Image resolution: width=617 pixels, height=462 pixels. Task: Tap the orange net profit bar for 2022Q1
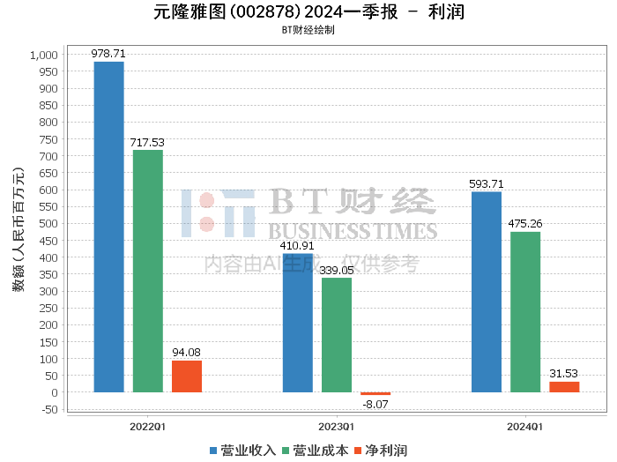click(187, 376)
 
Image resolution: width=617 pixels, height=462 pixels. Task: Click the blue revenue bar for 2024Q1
click(487, 292)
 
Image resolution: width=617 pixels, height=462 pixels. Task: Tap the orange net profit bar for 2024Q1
click(564, 387)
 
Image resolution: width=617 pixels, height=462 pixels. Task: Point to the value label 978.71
click(109, 54)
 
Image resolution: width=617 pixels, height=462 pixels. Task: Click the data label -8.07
click(375, 405)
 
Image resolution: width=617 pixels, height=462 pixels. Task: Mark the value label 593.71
click(487, 184)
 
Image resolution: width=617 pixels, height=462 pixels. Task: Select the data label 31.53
click(564, 374)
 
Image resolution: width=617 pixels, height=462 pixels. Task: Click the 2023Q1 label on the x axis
click(337, 427)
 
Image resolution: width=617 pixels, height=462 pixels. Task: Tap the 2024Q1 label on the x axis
click(525, 427)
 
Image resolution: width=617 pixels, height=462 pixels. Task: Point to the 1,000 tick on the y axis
click(44, 55)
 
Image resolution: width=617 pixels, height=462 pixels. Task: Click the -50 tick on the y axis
click(49, 409)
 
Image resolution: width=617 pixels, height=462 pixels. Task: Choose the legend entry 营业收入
click(242, 451)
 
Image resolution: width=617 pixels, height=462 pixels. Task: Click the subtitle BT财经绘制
click(308, 30)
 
